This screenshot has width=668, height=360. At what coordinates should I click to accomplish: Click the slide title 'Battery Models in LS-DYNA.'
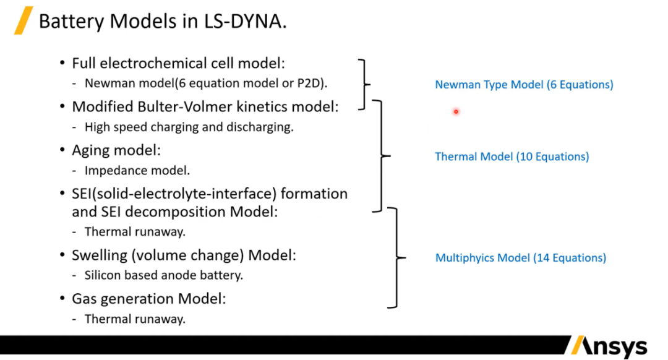point(162,22)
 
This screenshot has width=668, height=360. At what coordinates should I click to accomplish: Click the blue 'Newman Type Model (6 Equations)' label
point(524,85)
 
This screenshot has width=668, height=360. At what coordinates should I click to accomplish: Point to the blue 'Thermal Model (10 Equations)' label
point(512,156)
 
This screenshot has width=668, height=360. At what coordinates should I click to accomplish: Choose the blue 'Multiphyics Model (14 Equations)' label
point(520,258)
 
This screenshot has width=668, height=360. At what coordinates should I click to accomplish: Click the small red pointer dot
point(456,112)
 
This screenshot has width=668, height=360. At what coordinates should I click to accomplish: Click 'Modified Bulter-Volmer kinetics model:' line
point(205,106)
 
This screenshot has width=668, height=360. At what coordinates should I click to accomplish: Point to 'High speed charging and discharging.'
point(189,127)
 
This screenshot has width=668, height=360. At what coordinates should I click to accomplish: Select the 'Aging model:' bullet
point(116,150)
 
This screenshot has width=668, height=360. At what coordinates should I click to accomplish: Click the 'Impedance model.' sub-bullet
point(137,170)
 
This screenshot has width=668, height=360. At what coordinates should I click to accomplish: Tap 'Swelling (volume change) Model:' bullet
point(184,255)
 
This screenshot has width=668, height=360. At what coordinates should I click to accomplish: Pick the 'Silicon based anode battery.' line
point(163,276)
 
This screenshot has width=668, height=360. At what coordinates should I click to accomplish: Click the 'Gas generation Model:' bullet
point(148,299)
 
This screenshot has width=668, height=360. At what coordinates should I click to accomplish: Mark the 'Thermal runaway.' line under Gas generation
point(135,319)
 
